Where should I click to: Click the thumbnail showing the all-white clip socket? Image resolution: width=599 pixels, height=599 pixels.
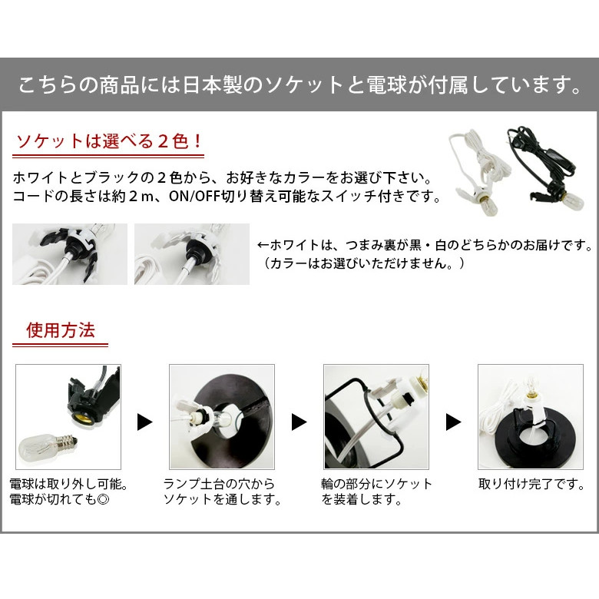(x=192, y=254)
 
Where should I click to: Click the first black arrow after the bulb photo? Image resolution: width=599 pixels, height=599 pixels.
(x=144, y=422)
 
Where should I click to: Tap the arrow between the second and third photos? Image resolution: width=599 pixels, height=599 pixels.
(x=299, y=422)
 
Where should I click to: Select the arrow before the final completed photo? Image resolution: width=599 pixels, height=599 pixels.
(x=453, y=422)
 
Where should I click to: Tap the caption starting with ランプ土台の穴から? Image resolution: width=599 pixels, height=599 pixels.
(x=219, y=485)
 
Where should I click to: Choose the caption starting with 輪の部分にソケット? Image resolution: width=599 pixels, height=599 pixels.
(x=376, y=485)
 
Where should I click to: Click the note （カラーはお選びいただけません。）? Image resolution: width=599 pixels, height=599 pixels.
(x=364, y=263)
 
